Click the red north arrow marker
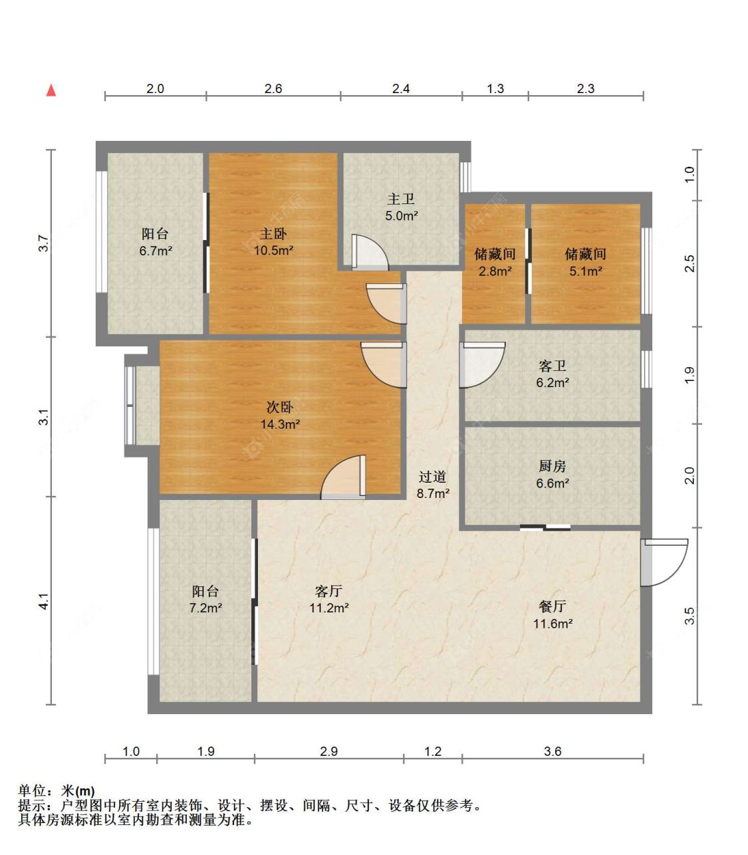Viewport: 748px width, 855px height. click(x=51, y=90)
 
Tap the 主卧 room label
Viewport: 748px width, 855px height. click(x=273, y=234)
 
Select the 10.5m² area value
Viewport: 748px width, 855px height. click(x=273, y=251)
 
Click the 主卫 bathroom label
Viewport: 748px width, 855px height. click(x=401, y=199)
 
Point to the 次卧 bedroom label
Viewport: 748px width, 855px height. click(x=280, y=407)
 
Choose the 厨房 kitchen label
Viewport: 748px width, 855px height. click(x=553, y=466)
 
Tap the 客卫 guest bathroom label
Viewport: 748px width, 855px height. click(x=553, y=366)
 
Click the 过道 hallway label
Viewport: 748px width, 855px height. click(x=432, y=477)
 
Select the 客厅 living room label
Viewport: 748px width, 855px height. click(x=328, y=590)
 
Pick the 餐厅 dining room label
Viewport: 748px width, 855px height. click(x=553, y=606)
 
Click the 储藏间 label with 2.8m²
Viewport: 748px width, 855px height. click(x=495, y=254)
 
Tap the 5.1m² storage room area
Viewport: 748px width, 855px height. click(x=586, y=271)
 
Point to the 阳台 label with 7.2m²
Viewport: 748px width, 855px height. click(x=205, y=590)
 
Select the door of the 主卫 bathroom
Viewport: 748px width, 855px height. click(x=370, y=253)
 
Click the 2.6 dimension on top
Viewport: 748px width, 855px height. click(x=273, y=88)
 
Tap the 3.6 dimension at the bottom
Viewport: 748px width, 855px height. click(x=553, y=751)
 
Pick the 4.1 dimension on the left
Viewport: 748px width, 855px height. click(x=44, y=601)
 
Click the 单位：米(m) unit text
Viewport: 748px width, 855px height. click(x=57, y=791)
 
